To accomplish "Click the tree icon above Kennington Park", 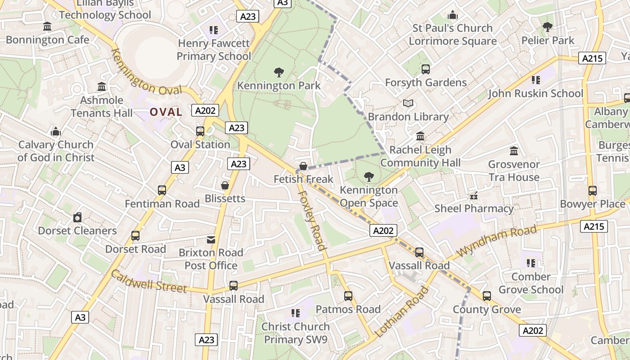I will coord(279,72).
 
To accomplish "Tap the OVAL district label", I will coord(166,112).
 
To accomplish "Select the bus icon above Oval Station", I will coord(200,131).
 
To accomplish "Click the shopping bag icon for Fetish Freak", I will coord(303,166).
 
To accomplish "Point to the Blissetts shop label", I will coord(225,198).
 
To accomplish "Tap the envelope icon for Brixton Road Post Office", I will coord(211,239).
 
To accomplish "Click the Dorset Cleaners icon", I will coord(77,218).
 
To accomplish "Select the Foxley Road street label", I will coord(312,220).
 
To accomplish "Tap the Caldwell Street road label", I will coord(149,281).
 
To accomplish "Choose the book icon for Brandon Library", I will coord(408,103).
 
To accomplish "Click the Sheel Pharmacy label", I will coord(474,208).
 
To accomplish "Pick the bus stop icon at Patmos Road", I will coord(348,296).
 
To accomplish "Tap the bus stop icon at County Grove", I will coord(487,296).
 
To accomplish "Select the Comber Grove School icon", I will coord(531,263).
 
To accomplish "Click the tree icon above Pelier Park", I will coord(548,27).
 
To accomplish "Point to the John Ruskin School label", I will coord(535,94).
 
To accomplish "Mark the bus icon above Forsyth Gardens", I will coord(426,69).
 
